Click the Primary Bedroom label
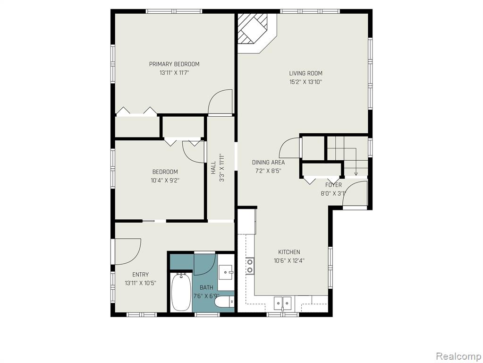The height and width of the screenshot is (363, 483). pyautogui.click(x=174, y=64)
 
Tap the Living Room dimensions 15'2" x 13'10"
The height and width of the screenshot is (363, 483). pyautogui.click(x=305, y=82)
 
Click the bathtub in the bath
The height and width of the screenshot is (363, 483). pyautogui.click(x=181, y=292)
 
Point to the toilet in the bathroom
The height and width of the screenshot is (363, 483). pyautogui.click(x=224, y=301)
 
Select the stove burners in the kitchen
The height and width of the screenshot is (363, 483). pyautogui.click(x=250, y=266)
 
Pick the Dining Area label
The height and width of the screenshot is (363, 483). pyautogui.click(x=268, y=163)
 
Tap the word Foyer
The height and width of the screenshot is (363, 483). pyautogui.click(x=333, y=185)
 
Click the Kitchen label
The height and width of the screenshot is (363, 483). pyautogui.click(x=289, y=252)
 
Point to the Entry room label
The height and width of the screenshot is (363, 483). pyautogui.click(x=141, y=275)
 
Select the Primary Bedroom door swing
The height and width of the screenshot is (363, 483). pyautogui.click(x=220, y=102)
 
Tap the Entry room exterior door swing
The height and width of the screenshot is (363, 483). pyautogui.click(x=127, y=251)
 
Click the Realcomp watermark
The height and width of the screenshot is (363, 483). pyautogui.click(x=458, y=356)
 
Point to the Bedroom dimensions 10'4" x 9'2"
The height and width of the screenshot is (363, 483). pyautogui.click(x=165, y=181)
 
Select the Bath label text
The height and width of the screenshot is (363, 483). pyautogui.click(x=206, y=287)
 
